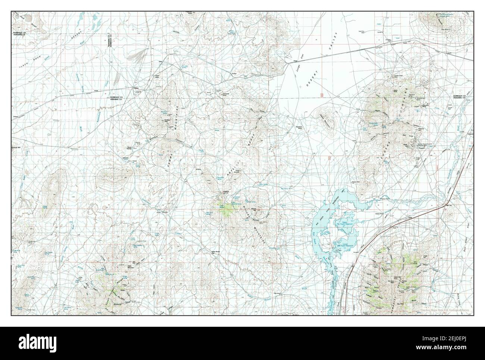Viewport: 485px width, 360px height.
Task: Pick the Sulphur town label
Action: tap(137, 88)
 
